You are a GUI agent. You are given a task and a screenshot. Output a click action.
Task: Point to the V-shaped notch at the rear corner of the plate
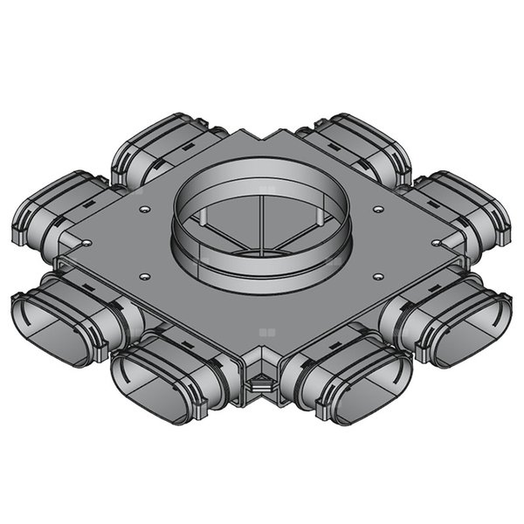tap(262, 133)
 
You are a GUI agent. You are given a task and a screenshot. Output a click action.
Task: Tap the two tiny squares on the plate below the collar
tap(266, 332)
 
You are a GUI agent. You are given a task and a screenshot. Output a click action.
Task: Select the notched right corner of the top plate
tap(463, 260)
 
